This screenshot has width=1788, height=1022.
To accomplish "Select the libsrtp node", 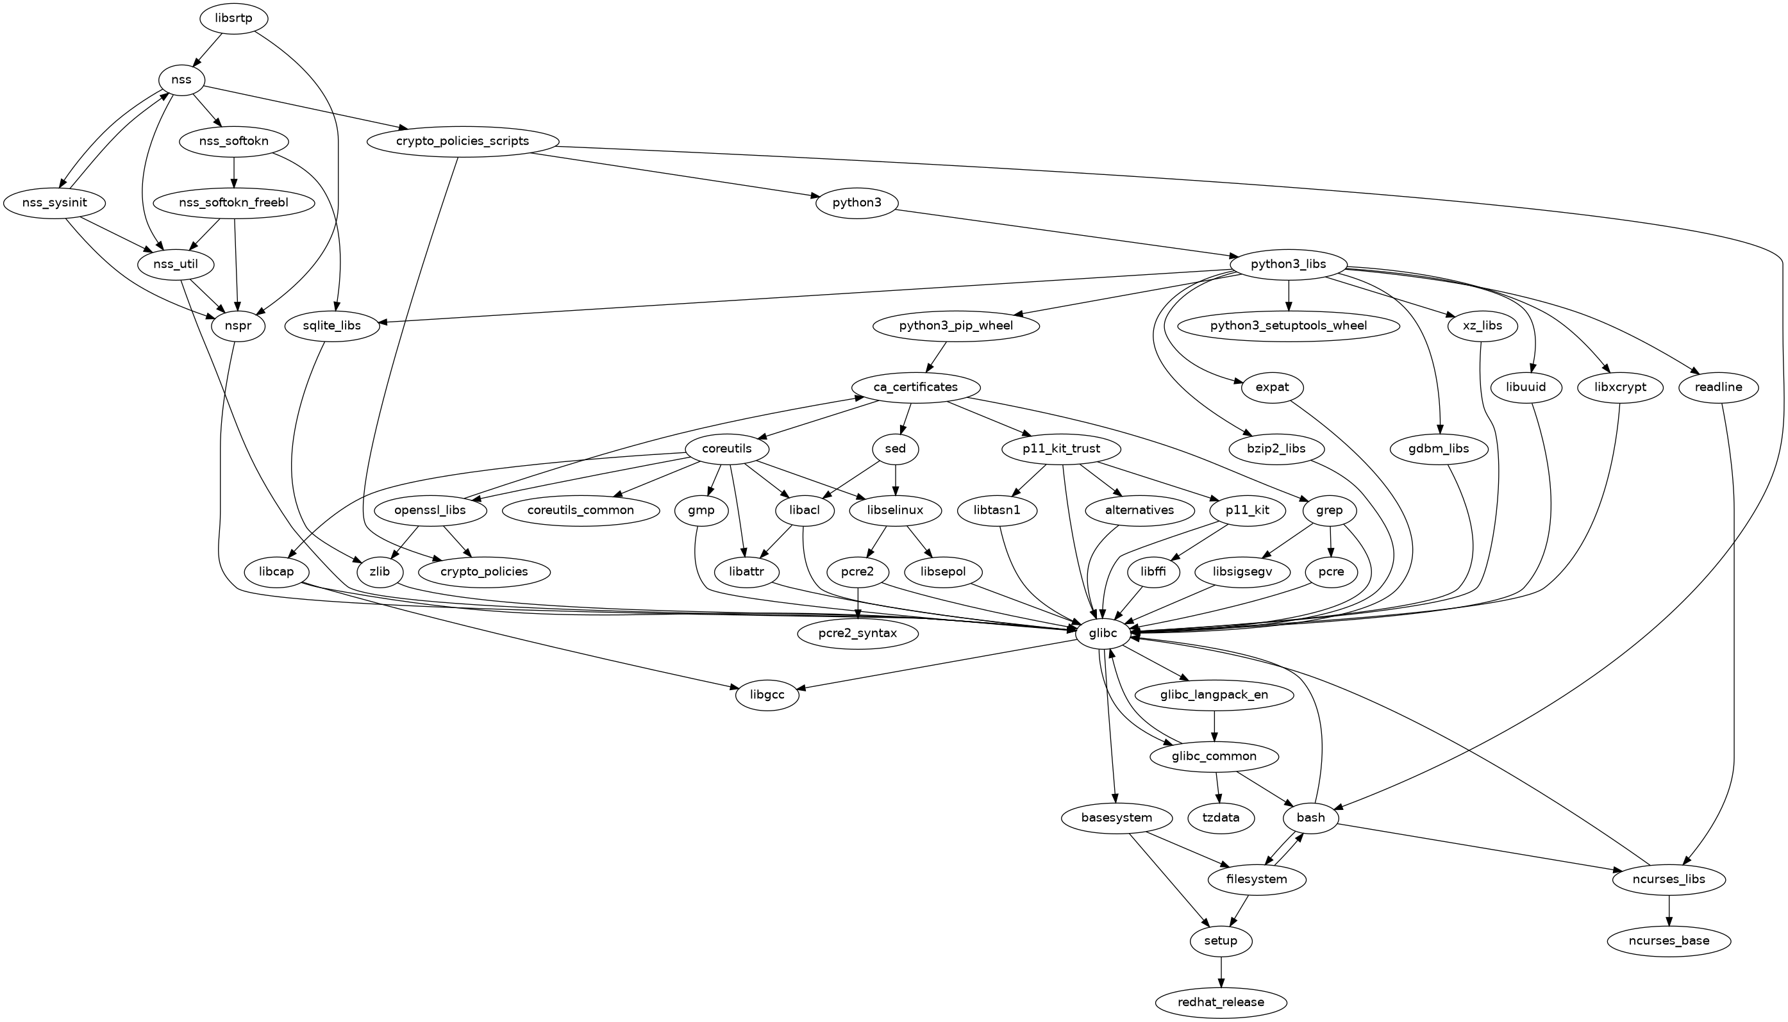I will [234, 18].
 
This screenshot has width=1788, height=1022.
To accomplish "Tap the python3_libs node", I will [1288, 264].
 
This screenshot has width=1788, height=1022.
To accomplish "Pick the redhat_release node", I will [1221, 1001].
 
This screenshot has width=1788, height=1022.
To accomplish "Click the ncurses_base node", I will [1669, 940].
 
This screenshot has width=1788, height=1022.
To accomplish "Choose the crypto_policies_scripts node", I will [462, 141].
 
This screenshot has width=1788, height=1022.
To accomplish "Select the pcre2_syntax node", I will [858, 633].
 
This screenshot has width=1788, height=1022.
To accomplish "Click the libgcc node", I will [767, 695].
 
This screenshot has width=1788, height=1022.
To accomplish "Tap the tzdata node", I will [1221, 817].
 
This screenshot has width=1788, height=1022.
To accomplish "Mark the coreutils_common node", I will [581, 509].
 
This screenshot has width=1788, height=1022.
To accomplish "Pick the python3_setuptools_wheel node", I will [1288, 326].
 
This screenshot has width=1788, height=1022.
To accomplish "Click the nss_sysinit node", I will [54, 203].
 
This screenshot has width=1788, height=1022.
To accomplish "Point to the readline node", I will [1719, 387].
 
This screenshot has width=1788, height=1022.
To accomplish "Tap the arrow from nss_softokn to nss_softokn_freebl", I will [234, 172].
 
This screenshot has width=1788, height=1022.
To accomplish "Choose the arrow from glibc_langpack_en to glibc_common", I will [1214, 726].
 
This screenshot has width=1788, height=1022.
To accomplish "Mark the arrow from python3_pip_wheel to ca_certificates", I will [937, 356].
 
